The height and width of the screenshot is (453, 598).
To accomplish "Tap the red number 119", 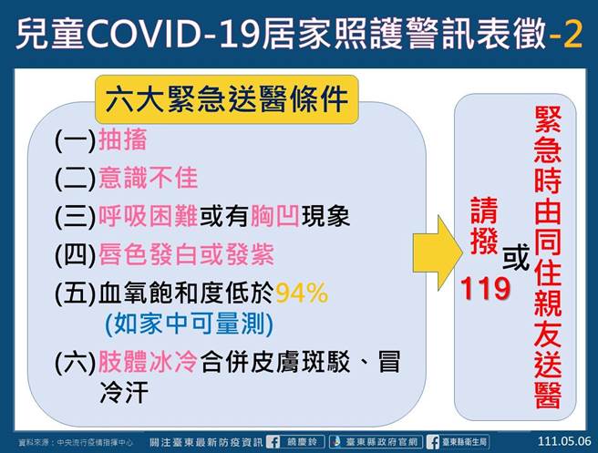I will pyautogui.click(x=485, y=289).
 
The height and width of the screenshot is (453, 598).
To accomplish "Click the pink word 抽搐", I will pyautogui.click(x=114, y=141).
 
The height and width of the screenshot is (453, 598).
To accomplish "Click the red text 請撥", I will pyautogui.click(x=483, y=232).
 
